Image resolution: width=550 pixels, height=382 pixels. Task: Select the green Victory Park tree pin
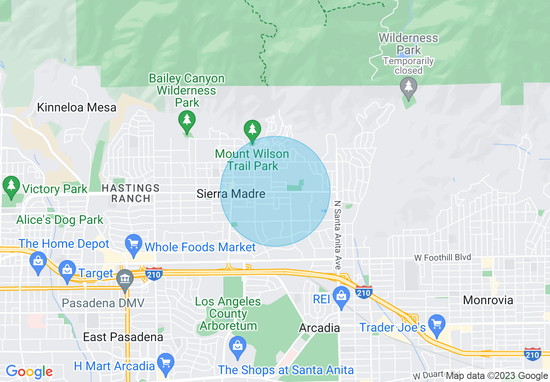[x=11, y=185]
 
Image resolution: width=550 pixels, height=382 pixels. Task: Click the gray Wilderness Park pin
[x=408, y=86]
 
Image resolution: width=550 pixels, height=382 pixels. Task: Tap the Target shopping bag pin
[x=67, y=271]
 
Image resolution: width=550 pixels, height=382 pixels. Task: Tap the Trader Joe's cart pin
[x=437, y=324]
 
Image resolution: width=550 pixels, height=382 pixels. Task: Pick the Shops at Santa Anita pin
[x=237, y=347]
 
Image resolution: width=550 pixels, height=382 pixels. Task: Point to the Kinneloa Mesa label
[x=77, y=107]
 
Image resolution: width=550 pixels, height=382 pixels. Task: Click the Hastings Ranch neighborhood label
[x=131, y=193]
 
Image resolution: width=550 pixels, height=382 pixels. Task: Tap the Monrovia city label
[x=488, y=300]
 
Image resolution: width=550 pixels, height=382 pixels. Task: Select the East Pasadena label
[x=123, y=337]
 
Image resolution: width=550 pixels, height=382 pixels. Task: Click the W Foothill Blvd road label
[x=442, y=258]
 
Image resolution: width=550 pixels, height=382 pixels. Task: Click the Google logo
[x=29, y=372]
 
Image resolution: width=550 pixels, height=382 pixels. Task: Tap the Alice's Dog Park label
[x=60, y=220]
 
